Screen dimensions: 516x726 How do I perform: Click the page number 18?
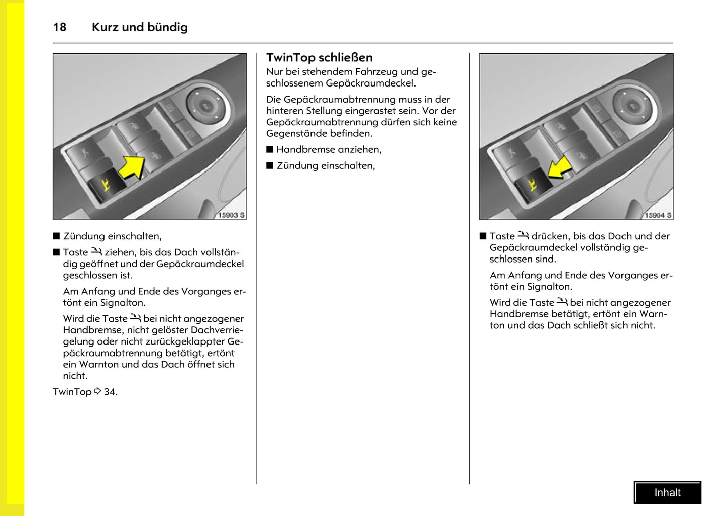click(x=60, y=27)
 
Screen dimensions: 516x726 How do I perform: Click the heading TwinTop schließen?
click(x=319, y=57)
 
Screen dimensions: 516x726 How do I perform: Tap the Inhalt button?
click(x=667, y=493)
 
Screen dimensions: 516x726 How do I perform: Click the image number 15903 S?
click(x=231, y=215)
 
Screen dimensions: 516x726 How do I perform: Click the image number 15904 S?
click(x=658, y=215)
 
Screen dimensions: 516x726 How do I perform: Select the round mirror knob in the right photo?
click(x=632, y=106)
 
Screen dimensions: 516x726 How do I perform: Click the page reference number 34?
click(x=110, y=392)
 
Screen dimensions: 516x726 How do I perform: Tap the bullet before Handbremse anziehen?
click(x=270, y=149)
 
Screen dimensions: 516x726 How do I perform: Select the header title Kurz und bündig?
click(x=140, y=27)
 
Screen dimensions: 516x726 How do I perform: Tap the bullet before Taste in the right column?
click(x=483, y=236)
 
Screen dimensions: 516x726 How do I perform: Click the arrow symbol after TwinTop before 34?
click(x=97, y=391)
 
